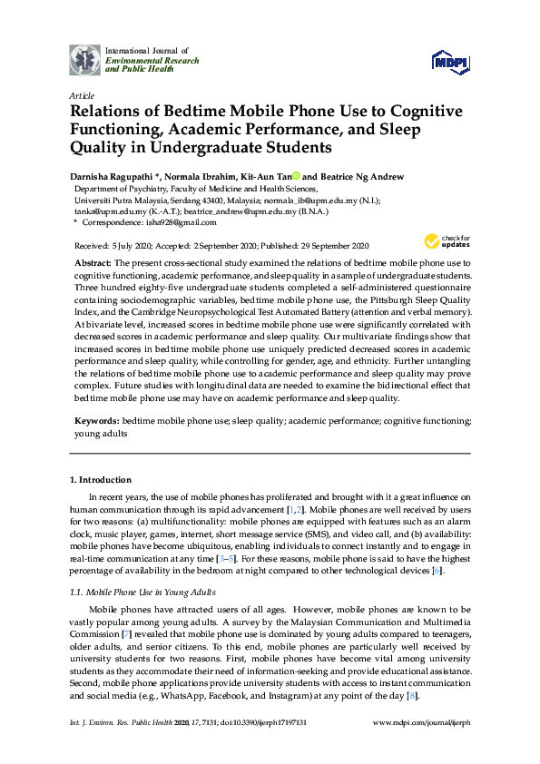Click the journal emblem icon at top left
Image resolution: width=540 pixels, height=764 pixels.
point(85,59)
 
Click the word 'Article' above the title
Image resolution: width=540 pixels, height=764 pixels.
point(81,94)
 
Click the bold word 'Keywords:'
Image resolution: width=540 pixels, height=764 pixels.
point(96,422)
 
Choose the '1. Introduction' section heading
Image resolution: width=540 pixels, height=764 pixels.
point(101,480)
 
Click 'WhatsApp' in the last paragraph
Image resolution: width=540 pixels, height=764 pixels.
point(190,696)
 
